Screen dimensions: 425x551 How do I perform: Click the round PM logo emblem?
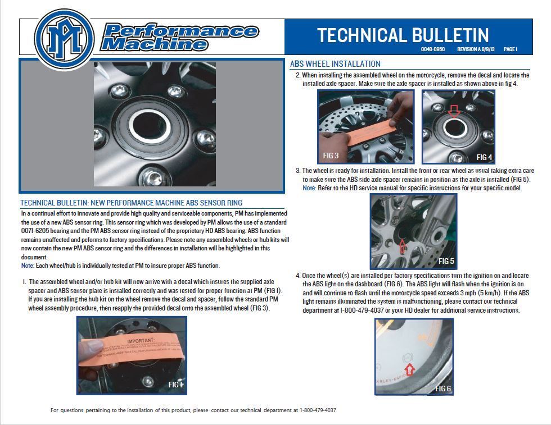click(x=64, y=38)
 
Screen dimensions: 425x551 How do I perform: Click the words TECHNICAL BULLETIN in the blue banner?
click(x=403, y=35)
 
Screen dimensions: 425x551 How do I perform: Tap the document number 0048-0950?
click(x=433, y=49)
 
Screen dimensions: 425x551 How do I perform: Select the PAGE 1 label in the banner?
click(x=510, y=49)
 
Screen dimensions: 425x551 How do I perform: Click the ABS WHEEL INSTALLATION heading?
click(x=335, y=64)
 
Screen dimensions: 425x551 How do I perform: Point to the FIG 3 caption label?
click(x=331, y=155)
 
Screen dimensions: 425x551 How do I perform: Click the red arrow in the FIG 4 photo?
click(x=454, y=112)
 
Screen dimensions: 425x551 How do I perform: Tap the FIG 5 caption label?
click(x=446, y=261)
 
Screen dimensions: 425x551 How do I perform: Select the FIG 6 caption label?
click(x=443, y=389)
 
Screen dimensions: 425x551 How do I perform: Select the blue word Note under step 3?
click(x=309, y=188)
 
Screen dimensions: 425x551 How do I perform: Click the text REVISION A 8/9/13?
click(x=476, y=49)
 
